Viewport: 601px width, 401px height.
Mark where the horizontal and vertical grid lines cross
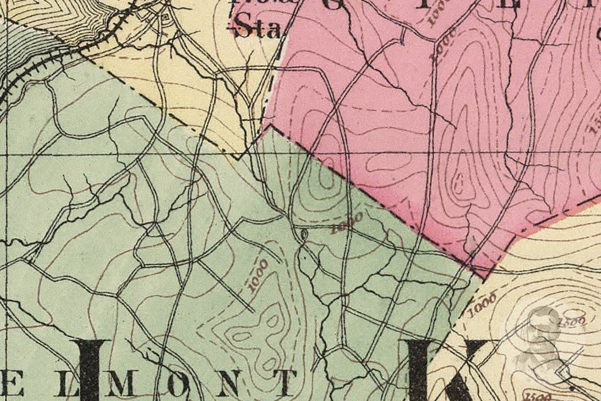click(x=8, y=154)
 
